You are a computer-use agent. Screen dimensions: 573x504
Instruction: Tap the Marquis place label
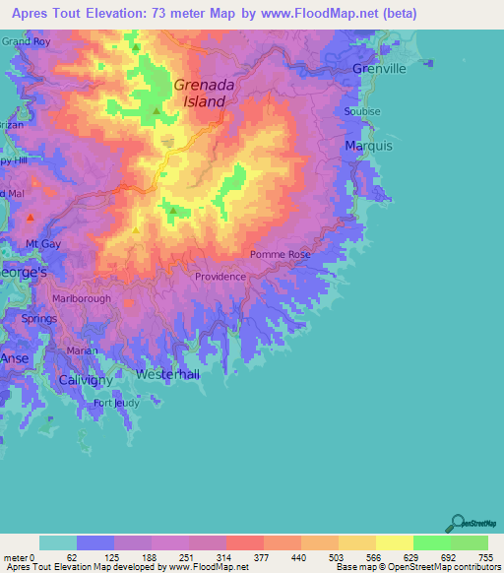[x=369, y=146]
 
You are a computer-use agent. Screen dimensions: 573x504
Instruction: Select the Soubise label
[x=361, y=111]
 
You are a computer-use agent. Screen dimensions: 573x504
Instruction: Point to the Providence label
[x=220, y=277]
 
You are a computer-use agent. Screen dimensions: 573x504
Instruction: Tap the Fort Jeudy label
[x=116, y=403]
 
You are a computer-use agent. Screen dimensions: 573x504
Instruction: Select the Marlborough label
[x=82, y=298]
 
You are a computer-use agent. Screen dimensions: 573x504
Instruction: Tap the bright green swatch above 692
[x=431, y=542]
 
